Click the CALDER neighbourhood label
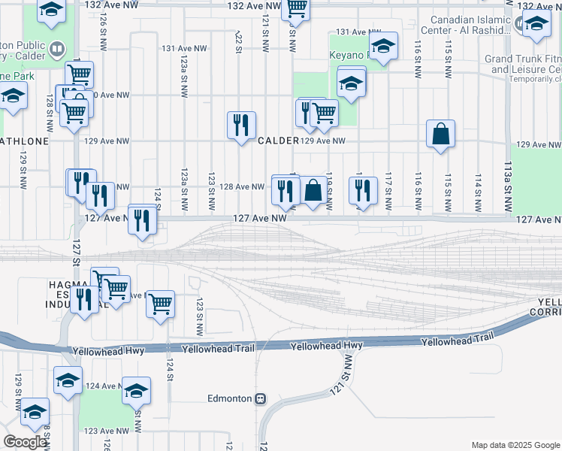click(278, 141)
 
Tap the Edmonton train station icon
click(261, 398)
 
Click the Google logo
click(25, 442)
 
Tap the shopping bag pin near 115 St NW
click(441, 135)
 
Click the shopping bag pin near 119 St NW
click(313, 190)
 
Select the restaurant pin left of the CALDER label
click(241, 125)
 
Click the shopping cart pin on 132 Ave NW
click(296, 8)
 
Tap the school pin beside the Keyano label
click(383, 47)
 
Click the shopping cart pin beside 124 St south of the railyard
click(160, 304)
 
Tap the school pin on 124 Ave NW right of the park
click(136, 391)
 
